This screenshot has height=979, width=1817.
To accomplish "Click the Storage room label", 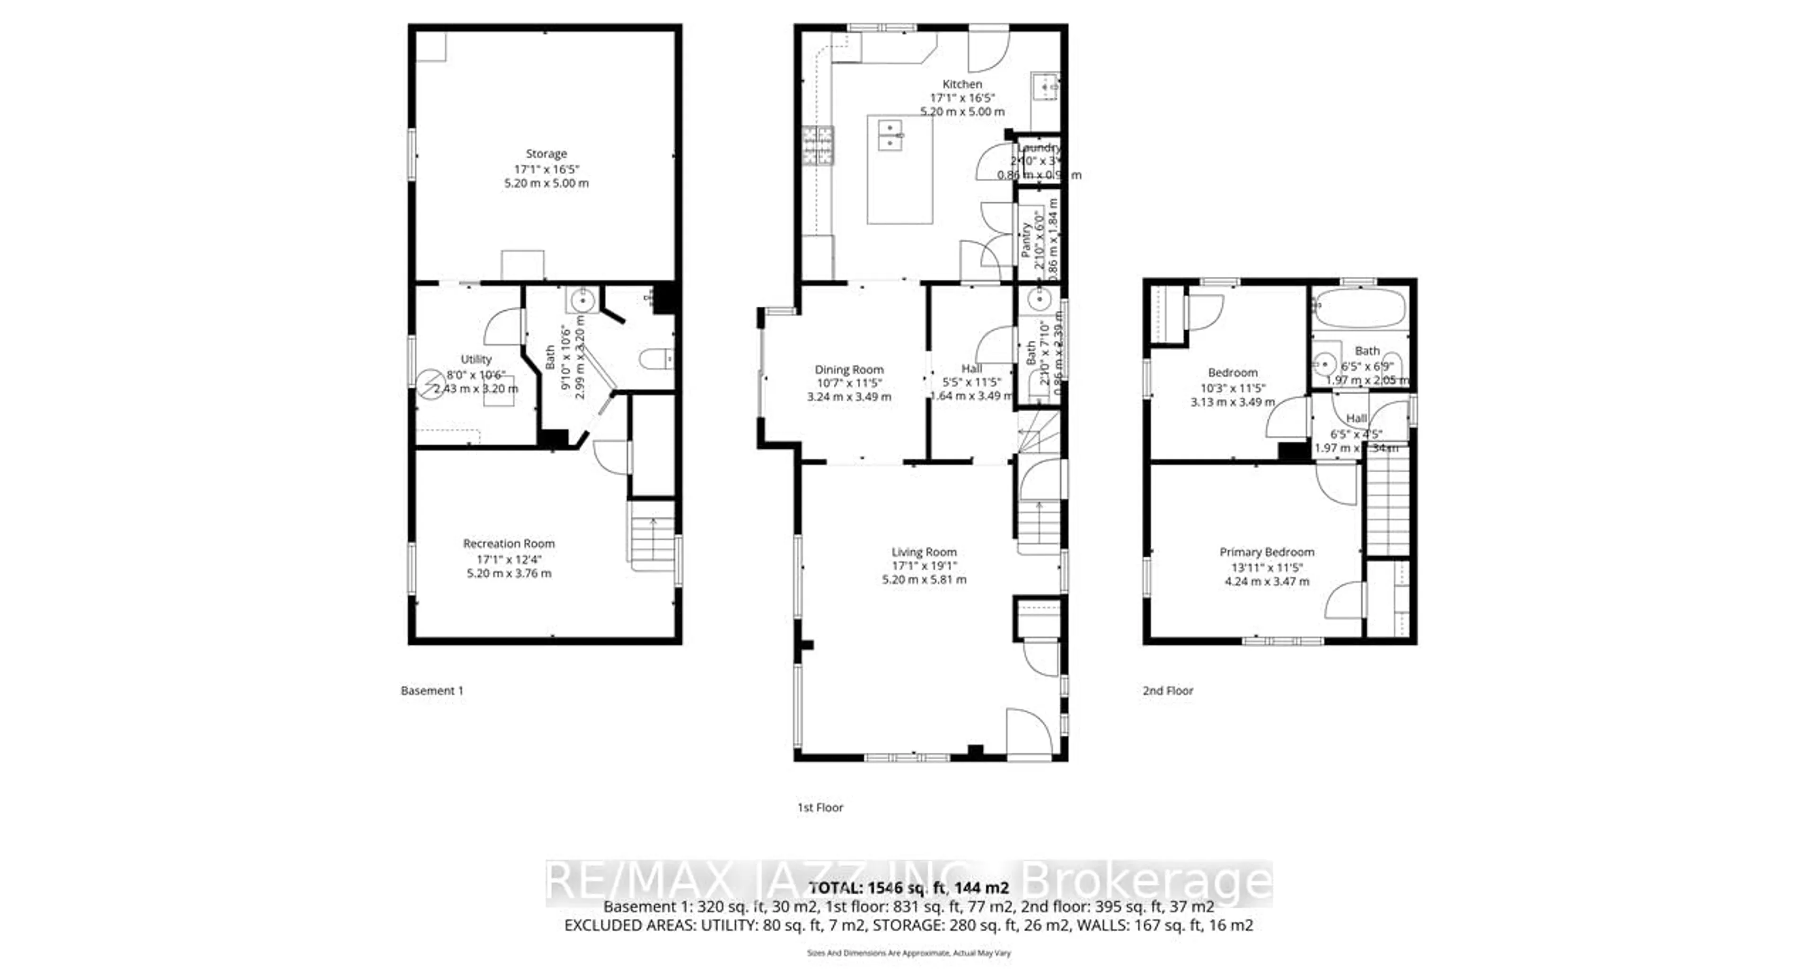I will coord(546,154).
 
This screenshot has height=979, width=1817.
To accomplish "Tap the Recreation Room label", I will coord(509,544).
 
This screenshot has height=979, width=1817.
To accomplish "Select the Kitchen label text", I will coord(962,84).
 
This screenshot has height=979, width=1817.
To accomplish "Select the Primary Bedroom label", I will coord(1267,552).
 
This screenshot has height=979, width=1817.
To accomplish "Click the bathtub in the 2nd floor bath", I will coord(1359,308).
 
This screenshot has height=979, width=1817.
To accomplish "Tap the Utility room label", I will coord(476,360).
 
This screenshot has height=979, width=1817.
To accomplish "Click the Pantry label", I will coord(1026,240).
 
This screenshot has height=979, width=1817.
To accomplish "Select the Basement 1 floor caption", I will coord(432,690).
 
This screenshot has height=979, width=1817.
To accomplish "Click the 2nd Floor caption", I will coord(1168,690).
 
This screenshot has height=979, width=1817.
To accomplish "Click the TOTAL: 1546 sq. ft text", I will coord(908,888).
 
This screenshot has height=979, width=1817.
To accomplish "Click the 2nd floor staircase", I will coord(1387,504).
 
